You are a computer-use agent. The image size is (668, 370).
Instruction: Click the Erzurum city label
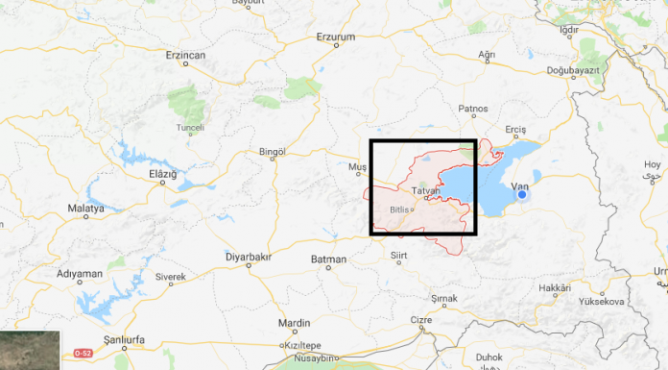click(335, 37)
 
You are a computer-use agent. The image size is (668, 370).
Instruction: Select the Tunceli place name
click(190, 127)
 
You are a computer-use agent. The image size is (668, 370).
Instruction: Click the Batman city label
click(328, 259)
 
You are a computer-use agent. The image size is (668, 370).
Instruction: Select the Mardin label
click(294, 323)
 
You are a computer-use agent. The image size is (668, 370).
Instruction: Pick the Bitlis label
click(399, 209)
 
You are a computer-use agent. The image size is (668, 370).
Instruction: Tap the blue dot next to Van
click(522, 195)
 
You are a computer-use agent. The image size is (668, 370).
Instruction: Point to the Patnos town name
click(473, 109)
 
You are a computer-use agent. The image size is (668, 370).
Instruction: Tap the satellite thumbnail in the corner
click(30, 350)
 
